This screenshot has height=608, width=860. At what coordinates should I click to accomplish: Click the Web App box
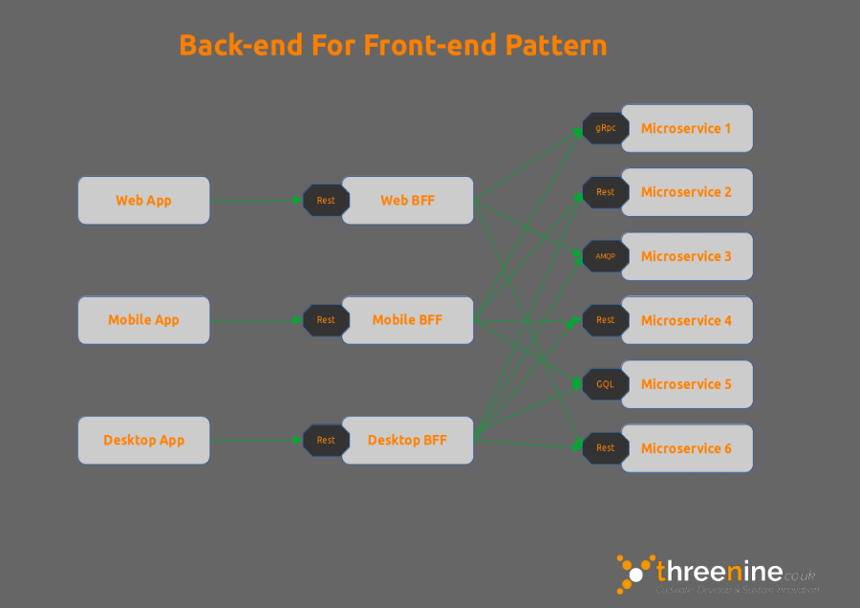click(x=143, y=200)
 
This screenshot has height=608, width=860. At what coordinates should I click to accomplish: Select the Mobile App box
click(x=143, y=319)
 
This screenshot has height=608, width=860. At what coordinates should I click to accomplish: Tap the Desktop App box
click(x=143, y=440)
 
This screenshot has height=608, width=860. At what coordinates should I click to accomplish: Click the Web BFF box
click(x=408, y=200)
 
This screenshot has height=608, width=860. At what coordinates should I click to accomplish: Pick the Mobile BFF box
click(x=408, y=319)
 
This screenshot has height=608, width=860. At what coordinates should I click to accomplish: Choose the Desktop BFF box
click(x=408, y=440)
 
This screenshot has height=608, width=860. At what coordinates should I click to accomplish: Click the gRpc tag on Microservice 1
click(x=605, y=128)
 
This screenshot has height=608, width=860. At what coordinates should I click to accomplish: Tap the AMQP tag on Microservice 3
click(x=605, y=256)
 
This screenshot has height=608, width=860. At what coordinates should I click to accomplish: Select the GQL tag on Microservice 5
click(x=605, y=384)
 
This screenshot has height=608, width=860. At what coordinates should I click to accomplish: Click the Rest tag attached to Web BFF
click(x=326, y=200)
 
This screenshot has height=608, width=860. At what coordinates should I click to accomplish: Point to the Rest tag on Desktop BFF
click(x=326, y=440)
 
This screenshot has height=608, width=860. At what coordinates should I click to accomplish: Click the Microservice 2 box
click(x=687, y=192)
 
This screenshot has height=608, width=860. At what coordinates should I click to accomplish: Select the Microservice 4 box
click(x=687, y=320)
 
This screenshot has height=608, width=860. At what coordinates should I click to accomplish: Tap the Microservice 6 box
click(x=687, y=448)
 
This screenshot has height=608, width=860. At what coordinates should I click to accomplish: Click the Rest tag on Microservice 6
click(x=605, y=448)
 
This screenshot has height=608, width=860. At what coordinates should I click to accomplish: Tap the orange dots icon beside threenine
click(x=633, y=573)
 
